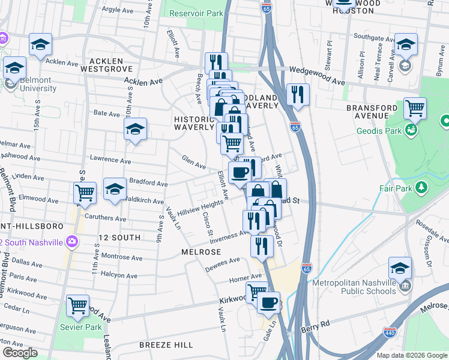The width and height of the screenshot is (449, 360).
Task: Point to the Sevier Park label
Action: click(76, 327)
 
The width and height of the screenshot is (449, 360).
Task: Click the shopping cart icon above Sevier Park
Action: click(77, 305)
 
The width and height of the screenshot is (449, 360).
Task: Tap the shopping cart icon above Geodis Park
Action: click(415, 108)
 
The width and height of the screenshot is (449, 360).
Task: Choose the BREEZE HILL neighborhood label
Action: click(166, 345)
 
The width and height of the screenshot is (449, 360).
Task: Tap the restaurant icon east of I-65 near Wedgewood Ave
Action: click(297, 94)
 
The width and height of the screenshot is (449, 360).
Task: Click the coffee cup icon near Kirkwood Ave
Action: click(268, 302)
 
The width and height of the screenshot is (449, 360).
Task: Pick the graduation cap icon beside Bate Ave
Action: click(135, 128)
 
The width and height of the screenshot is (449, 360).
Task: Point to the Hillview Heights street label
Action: click(199, 208)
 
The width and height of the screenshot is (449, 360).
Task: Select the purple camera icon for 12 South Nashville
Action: click(73, 242)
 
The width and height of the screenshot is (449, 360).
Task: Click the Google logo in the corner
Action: click(20, 353)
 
